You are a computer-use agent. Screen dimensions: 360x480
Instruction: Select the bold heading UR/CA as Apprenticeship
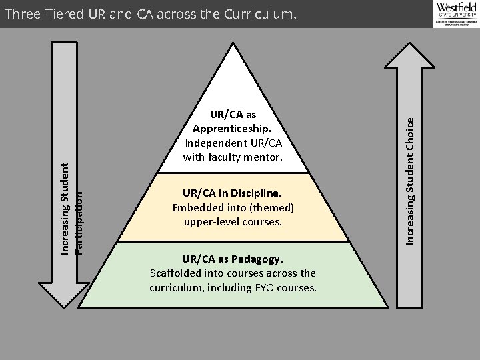[x=233, y=121]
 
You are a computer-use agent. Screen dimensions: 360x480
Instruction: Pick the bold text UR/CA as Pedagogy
[x=233, y=259]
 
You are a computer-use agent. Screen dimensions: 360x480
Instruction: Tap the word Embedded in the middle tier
[x=195, y=207]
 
